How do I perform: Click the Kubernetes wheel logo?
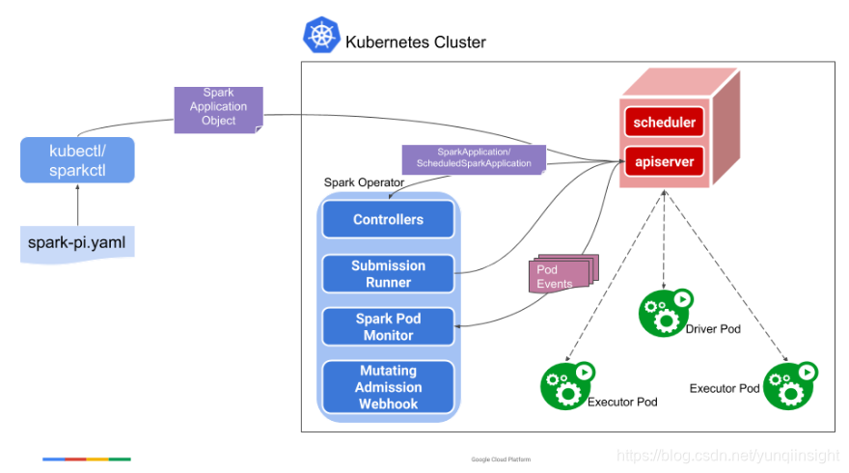[321, 35]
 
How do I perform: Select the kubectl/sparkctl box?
[77, 160]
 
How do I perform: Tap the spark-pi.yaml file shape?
[77, 244]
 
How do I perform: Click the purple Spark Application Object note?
[219, 110]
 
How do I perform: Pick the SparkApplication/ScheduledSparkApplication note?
[474, 160]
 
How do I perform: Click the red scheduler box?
[665, 122]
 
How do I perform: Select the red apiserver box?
[665, 161]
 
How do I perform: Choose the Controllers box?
[388, 219]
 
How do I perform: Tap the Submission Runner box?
[388, 273]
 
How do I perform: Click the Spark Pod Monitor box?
[388, 326]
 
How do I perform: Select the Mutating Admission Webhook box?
[388, 387]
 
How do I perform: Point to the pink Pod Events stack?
[563, 273]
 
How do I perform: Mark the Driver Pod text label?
[713, 329]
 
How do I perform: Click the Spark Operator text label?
[364, 182]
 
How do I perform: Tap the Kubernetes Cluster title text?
[415, 42]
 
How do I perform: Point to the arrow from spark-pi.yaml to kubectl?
[77, 205]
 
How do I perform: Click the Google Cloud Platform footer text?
[501, 459]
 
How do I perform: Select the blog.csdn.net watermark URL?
[728, 456]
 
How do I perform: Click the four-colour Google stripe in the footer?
[87, 459]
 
